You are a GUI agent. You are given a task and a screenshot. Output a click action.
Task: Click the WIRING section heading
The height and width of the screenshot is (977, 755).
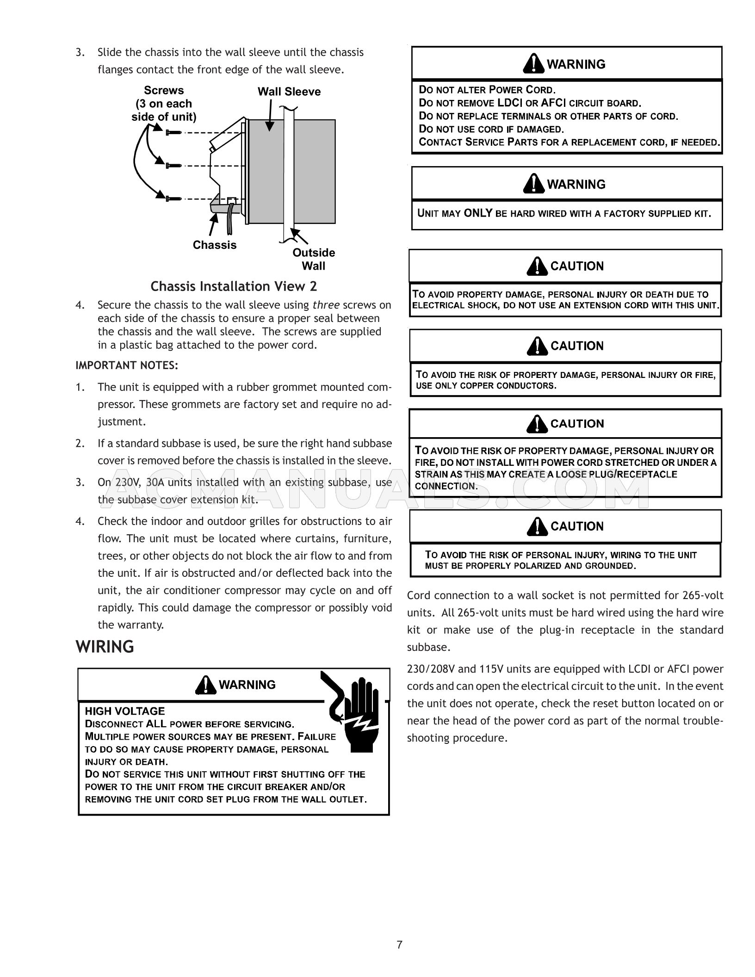pos(105,647)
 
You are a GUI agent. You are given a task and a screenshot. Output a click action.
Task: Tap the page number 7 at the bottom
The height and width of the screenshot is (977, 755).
pos(400,945)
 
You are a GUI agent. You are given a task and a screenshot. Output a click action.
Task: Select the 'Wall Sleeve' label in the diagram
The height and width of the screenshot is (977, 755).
pos(289,92)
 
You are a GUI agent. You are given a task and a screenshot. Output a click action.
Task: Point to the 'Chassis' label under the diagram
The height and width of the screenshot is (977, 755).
pos(214,245)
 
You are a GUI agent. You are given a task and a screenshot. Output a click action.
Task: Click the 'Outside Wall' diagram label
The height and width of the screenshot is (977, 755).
pos(314,259)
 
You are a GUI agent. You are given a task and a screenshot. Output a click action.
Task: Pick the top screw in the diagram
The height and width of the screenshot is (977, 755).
pos(173,132)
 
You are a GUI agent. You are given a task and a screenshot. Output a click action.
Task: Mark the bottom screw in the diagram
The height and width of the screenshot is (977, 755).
pos(173,199)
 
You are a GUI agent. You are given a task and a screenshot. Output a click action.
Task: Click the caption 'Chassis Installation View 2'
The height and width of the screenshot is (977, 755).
pos(234,286)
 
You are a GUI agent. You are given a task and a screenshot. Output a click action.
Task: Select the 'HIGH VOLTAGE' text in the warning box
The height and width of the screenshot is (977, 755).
pos(125,711)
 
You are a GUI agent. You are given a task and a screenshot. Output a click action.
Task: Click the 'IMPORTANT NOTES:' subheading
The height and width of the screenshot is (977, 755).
pos(127,365)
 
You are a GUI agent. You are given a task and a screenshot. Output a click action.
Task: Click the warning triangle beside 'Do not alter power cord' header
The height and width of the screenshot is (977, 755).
pos(533,64)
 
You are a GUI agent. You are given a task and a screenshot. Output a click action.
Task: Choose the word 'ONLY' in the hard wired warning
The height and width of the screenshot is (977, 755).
pos(478,213)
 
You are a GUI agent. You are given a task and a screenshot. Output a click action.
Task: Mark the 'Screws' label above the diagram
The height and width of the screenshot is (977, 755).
pos(164,90)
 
